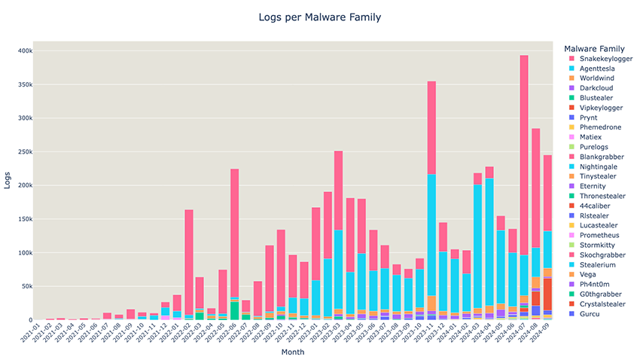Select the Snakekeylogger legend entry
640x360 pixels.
[x=601, y=59]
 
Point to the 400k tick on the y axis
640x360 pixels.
[x=26, y=51]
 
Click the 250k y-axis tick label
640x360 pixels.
[x=26, y=152]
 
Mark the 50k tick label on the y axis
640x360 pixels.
[x=27, y=286]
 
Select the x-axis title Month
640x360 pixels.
[x=293, y=352]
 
